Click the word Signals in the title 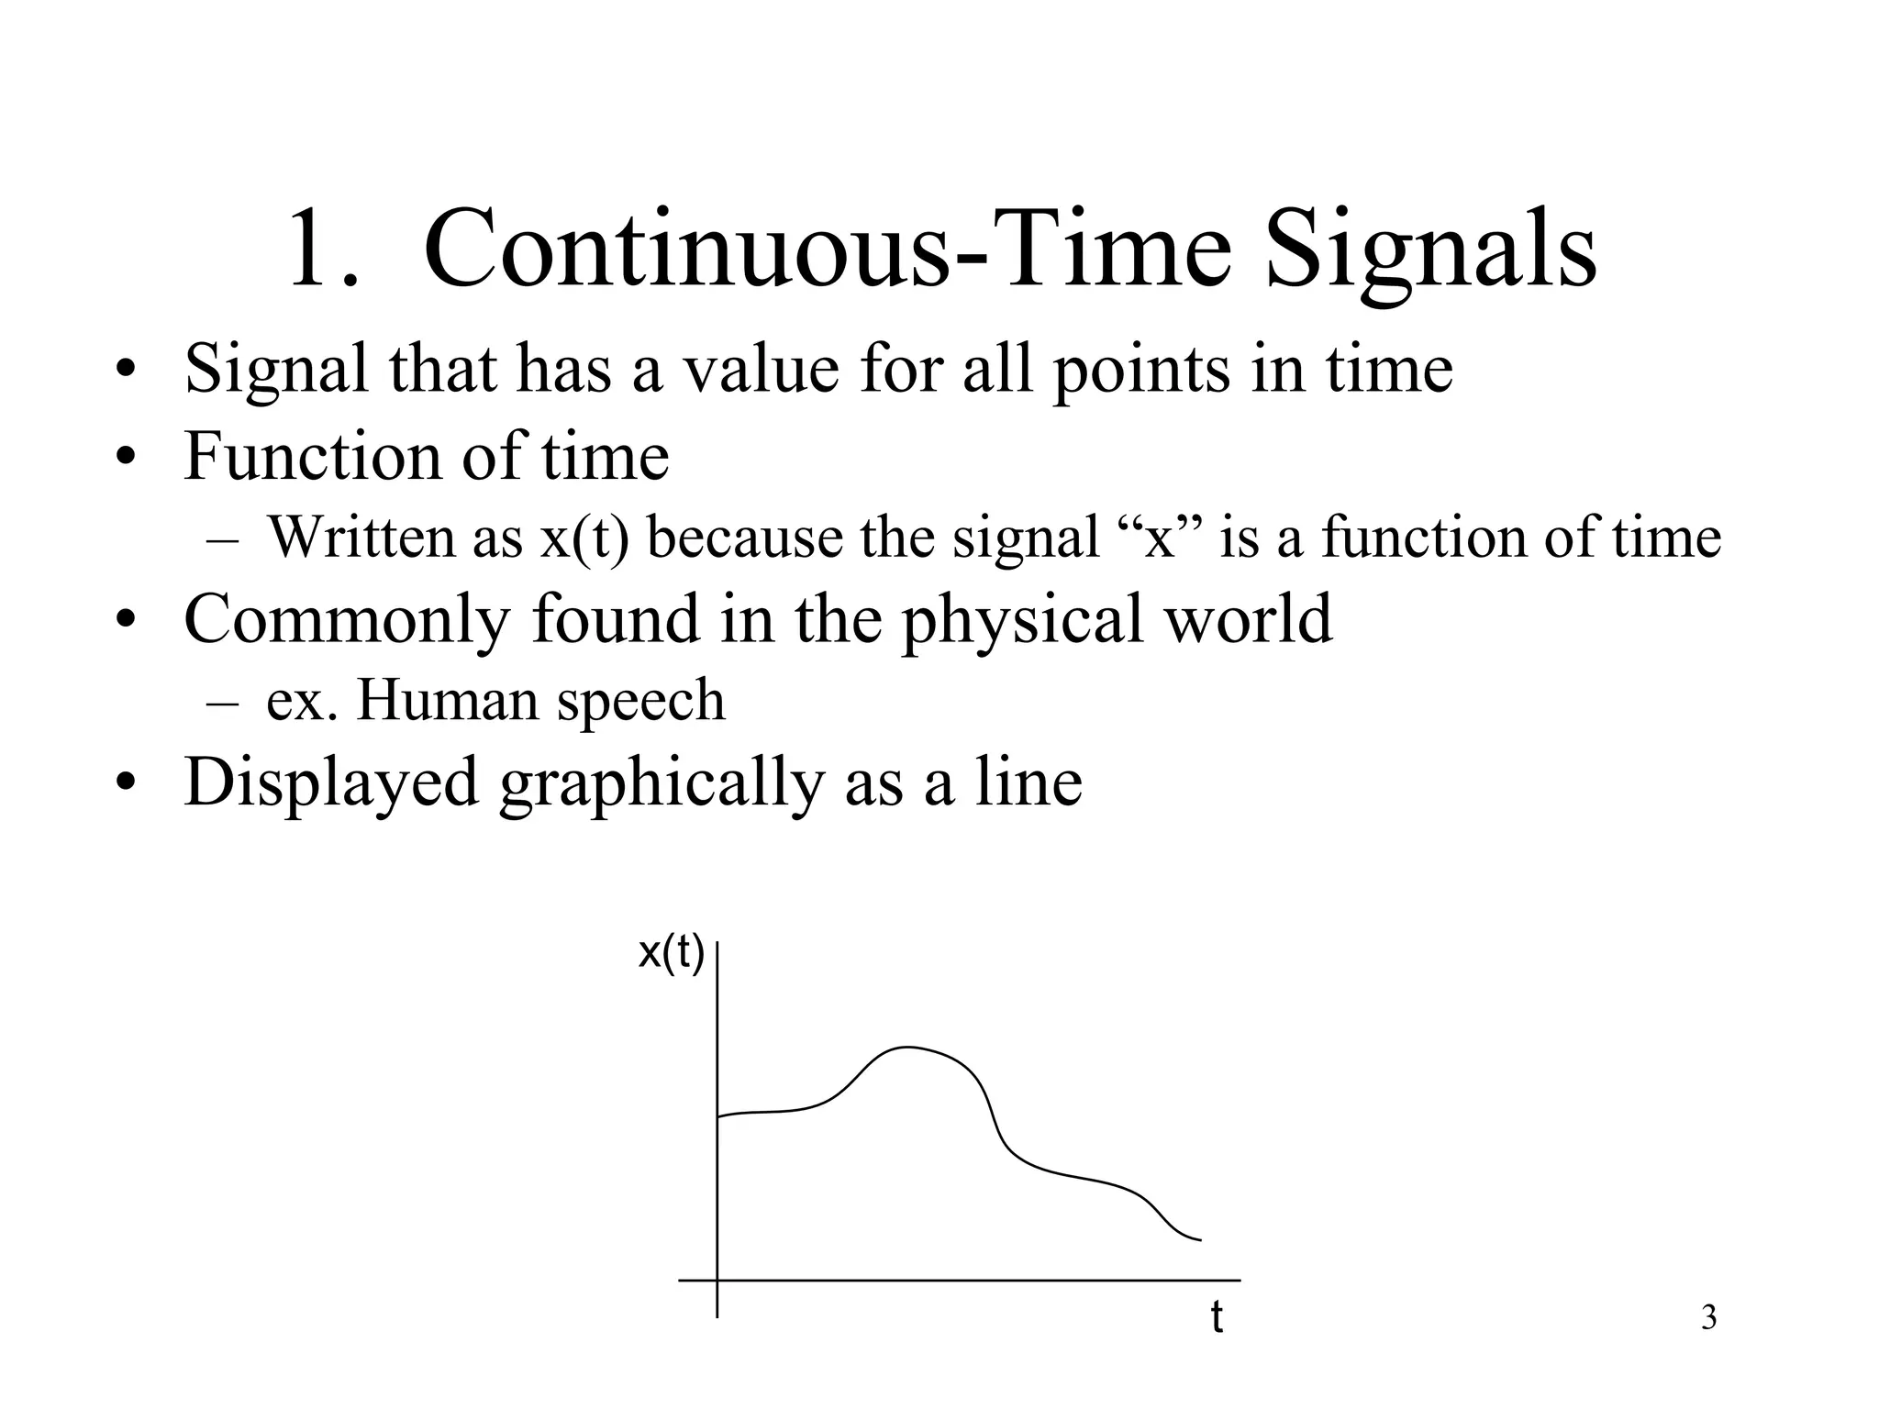(x=1430, y=250)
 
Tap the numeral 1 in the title (x=317, y=250)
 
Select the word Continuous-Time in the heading (x=827, y=250)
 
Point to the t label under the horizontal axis (x=1217, y=1317)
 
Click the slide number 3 (x=1708, y=1318)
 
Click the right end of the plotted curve (x=1199, y=1240)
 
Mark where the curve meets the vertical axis (x=717, y=1116)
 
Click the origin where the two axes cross (x=717, y=1280)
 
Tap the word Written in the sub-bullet (x=361, y=538)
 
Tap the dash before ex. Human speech (x=222, y=703)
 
